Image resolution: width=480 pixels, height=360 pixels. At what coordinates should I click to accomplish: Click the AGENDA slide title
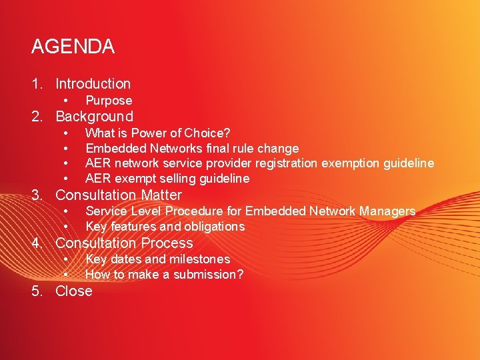[73, 47]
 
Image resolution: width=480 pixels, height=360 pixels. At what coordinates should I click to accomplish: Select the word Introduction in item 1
[93, 84]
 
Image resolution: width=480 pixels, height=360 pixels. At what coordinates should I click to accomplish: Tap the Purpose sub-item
[109, 101]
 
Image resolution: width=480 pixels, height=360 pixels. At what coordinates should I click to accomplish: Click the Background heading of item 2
[94, 117]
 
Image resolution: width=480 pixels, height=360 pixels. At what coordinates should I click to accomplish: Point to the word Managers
[387, 211]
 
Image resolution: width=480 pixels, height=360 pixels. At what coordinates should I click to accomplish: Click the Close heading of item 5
[73, 291]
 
